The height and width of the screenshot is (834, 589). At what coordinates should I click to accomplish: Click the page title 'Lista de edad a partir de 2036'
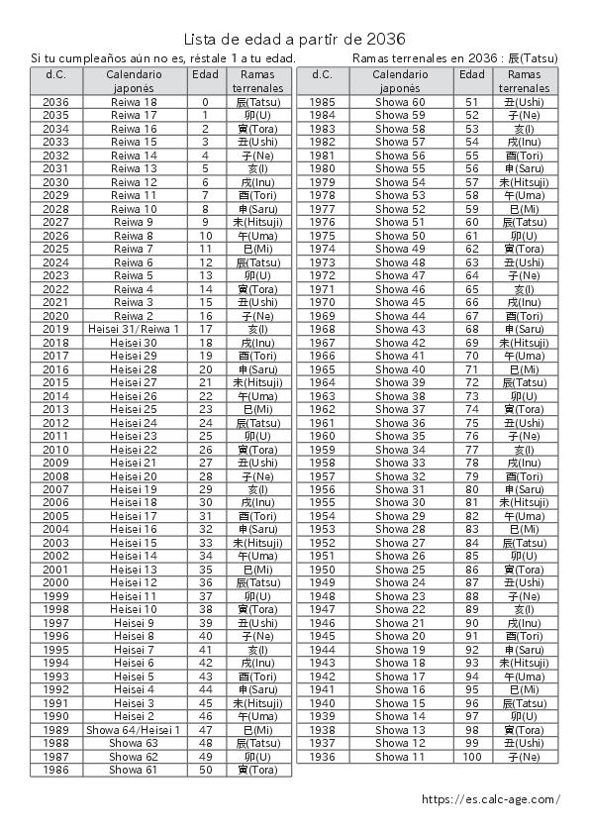click(294, 39)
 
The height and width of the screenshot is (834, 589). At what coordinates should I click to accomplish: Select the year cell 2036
click(56, 102)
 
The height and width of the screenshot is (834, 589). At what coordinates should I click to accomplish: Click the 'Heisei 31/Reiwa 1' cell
click(134, 329)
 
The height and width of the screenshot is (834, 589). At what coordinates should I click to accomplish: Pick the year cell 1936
click(323, 757)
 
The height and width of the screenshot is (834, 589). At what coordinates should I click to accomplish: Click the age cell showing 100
click(472, 757)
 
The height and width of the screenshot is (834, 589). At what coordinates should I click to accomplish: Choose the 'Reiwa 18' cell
click(134, 102)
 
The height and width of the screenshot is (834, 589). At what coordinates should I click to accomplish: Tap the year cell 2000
click(56, 582)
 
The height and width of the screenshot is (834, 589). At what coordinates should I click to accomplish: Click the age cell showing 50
click(206, 770)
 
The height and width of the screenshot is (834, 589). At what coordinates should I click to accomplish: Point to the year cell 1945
click(323, 636)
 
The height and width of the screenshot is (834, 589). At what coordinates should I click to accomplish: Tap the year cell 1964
click(323, 382)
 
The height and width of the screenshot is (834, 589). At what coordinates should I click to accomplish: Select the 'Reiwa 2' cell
click(134, 316)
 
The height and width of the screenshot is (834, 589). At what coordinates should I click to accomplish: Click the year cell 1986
click(56, 770)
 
